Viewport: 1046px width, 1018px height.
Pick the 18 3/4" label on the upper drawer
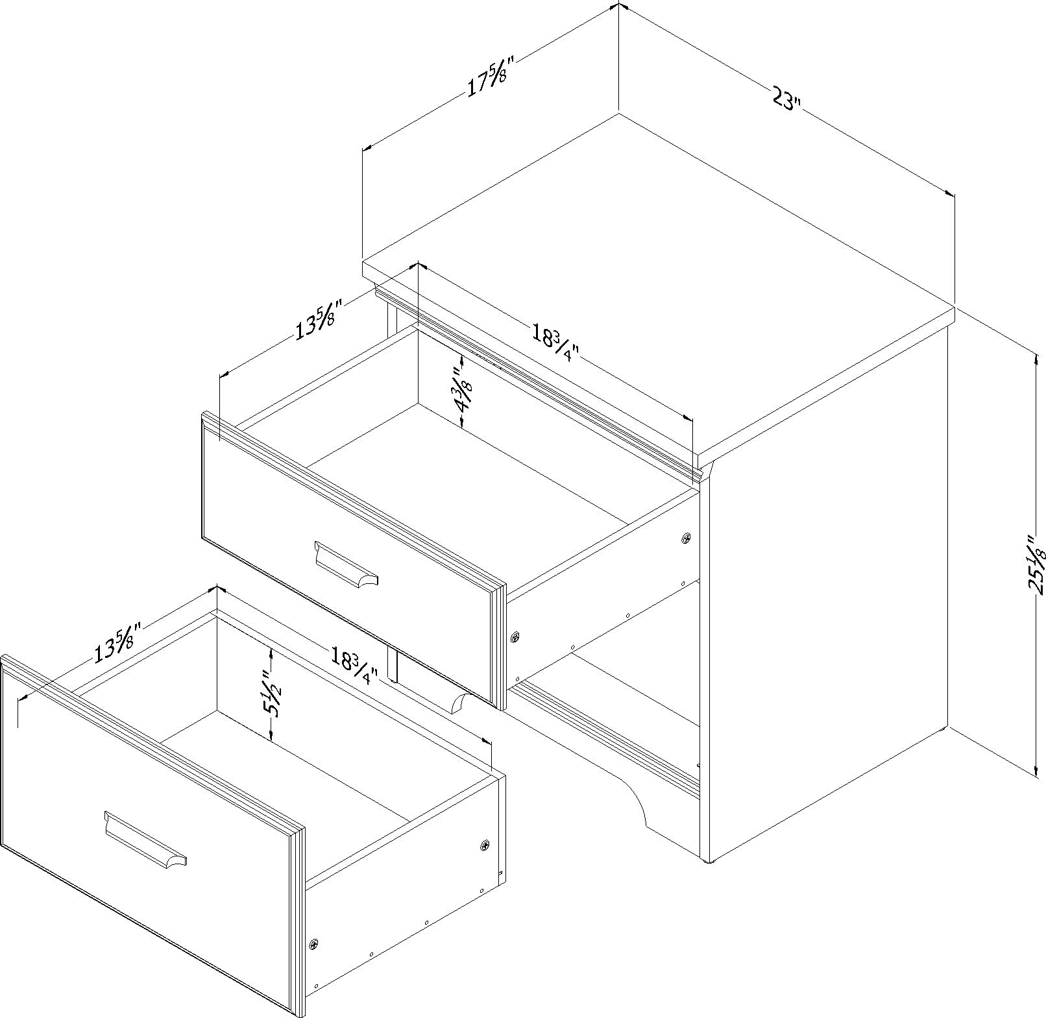555,346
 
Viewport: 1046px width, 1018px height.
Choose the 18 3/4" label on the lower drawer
354,666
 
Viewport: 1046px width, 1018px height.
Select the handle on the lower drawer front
144,838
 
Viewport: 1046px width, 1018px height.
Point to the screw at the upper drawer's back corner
687,538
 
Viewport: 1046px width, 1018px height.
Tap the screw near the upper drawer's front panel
516,638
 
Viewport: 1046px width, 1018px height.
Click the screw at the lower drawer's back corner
485,845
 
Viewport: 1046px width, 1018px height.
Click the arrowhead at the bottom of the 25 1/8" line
1035,770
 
